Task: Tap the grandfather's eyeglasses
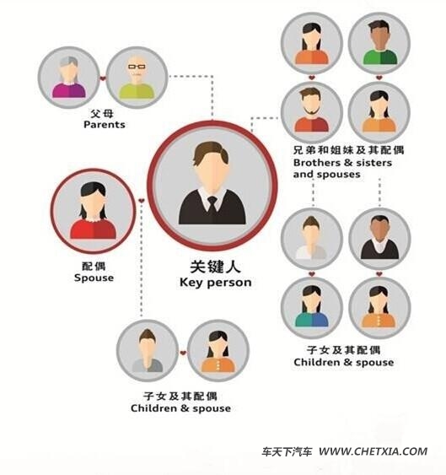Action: pyautogui.click(x=137, y=67)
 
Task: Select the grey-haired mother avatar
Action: pyautogui.click(x=69, y=78)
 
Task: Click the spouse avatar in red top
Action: pyautogui.click(x=94, y=211)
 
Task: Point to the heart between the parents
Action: pyautogui.click(x=103, y=78)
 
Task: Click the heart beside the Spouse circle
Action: pyautogui.click(x=142, y=201)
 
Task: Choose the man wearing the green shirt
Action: pyautogui.click(x=379, y=42)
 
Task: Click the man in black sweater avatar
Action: pyautogui.click(x=379, y=238)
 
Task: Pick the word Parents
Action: pyautogui.click(x=105, y=125)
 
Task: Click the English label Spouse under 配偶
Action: pyautogui.click(x=94, y=278)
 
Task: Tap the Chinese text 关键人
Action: pyautogui.click(x=215, y=267)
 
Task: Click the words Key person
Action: pyautogui.click(x=216, y=283)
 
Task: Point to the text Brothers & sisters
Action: pyautogui.click(x=342, y=163)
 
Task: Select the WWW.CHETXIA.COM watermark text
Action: pyautogui.click(x=373, y=451)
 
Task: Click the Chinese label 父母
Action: pyautogui.click(x=102, y=114)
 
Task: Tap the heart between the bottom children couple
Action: pyautogui.click(x=183, y=353)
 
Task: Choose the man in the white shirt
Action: pyautogui.click(x=311, y=238)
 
